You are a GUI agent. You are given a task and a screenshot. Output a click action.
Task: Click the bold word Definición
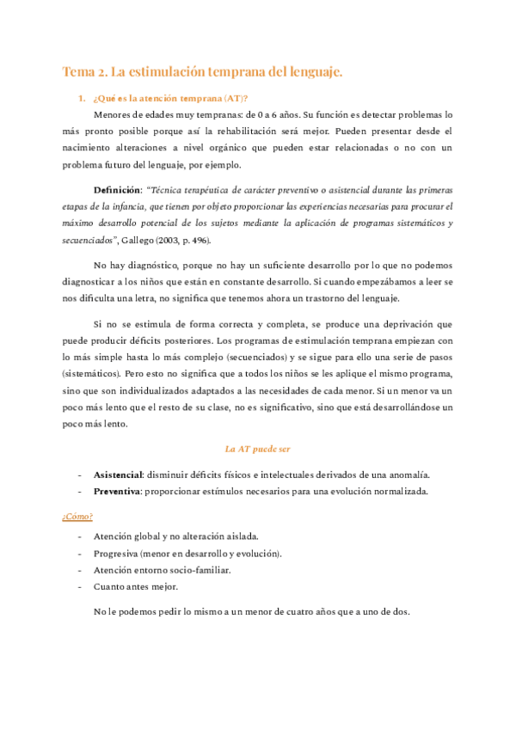(118, 188)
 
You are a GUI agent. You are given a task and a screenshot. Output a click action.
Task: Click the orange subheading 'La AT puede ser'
(258, 449)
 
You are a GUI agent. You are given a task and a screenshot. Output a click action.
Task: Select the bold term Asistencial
(117, 475)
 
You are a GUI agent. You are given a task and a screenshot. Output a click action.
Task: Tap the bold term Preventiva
(116, 491)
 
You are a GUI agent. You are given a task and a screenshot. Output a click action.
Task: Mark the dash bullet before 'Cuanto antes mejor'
(81, 586)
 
